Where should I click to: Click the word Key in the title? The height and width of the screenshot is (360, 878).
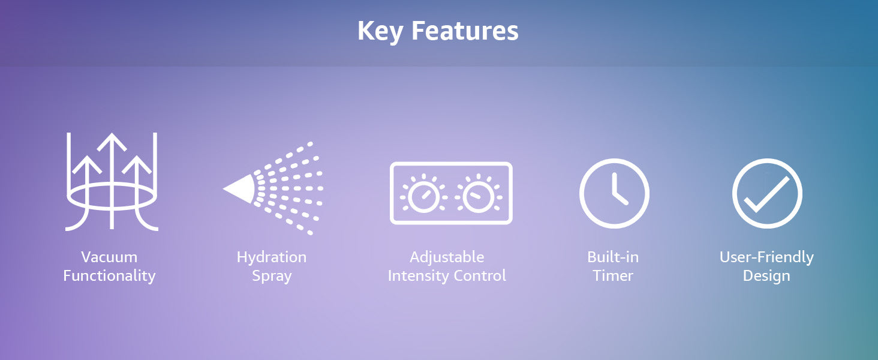click(x=380, y=31)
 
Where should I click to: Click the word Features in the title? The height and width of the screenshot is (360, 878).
click(x=465, y=31)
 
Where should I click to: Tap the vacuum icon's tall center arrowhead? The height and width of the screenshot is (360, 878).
click(x=112, y=142)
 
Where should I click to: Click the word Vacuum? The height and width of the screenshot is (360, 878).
click(x=109, y=257)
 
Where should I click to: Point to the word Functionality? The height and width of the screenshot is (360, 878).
click(x=109, y=275)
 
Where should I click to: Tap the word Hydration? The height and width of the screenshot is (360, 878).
click(x=272, y=257)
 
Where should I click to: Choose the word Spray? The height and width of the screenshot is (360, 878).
click(x=272, y=276)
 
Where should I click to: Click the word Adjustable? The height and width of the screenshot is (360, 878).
click(x=447, y=257)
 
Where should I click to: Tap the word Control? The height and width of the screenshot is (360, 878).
click(x=479, y=275)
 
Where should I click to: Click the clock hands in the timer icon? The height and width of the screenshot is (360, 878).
click(x=618, y=191)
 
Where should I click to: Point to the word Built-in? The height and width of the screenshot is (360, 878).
click(x=613, y=257)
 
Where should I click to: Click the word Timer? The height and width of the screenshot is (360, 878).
click(x=613, y=275)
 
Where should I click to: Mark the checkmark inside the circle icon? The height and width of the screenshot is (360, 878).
click(x=766, y=194)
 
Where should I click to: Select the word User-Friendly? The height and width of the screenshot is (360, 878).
click(x=766, y=257)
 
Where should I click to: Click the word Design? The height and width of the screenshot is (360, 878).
click(x=766, y=276)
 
